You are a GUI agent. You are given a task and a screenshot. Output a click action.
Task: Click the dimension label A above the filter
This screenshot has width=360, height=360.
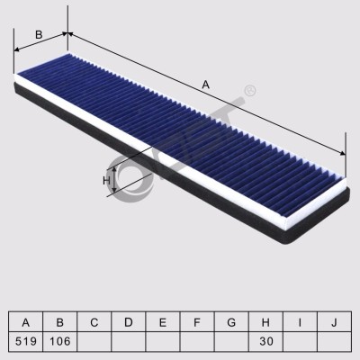coord(205,85)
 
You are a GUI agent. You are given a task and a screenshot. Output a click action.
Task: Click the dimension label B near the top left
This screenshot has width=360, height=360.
coord(39,35)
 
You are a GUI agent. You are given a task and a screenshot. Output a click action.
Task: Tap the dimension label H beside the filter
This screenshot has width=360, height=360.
coord(106,181)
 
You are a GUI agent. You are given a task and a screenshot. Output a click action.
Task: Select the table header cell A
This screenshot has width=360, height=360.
coord(26,322)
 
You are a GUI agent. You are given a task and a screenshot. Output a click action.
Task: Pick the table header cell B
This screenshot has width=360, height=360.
coord(60,322)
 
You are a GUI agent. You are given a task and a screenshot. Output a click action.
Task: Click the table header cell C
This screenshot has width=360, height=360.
coord(94,322)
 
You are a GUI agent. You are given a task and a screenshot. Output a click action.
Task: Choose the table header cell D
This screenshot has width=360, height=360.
coord(129,322)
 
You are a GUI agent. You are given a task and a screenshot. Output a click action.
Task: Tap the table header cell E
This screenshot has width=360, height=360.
coord(163,322)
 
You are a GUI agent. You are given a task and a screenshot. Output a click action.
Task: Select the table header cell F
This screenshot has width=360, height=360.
coord(197,322)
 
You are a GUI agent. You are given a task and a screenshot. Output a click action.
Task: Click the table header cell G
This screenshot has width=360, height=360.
coord(231,322)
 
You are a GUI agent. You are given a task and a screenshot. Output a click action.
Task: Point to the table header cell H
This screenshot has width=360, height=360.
coord(265,322)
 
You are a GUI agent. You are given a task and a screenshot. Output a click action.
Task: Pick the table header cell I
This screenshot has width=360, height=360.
coord(300,322)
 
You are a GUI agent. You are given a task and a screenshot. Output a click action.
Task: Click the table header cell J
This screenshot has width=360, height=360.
coord(334,322)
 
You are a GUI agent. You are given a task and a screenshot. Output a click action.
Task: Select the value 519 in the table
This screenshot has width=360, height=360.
coord(26,341)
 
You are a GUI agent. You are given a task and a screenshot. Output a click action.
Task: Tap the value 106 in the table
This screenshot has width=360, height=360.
coord(60,341)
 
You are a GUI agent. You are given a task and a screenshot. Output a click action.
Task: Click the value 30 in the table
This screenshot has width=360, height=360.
coord(266,341)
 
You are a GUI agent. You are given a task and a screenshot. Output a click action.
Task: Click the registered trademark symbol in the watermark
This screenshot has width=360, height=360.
coord(250,91)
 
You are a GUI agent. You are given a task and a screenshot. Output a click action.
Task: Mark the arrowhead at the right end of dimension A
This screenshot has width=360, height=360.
coord(342,153)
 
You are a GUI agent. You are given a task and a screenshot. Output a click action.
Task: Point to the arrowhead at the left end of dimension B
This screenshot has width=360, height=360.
coord(17,49)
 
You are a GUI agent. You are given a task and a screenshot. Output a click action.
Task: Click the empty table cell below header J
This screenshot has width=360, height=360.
coord(334,341)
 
